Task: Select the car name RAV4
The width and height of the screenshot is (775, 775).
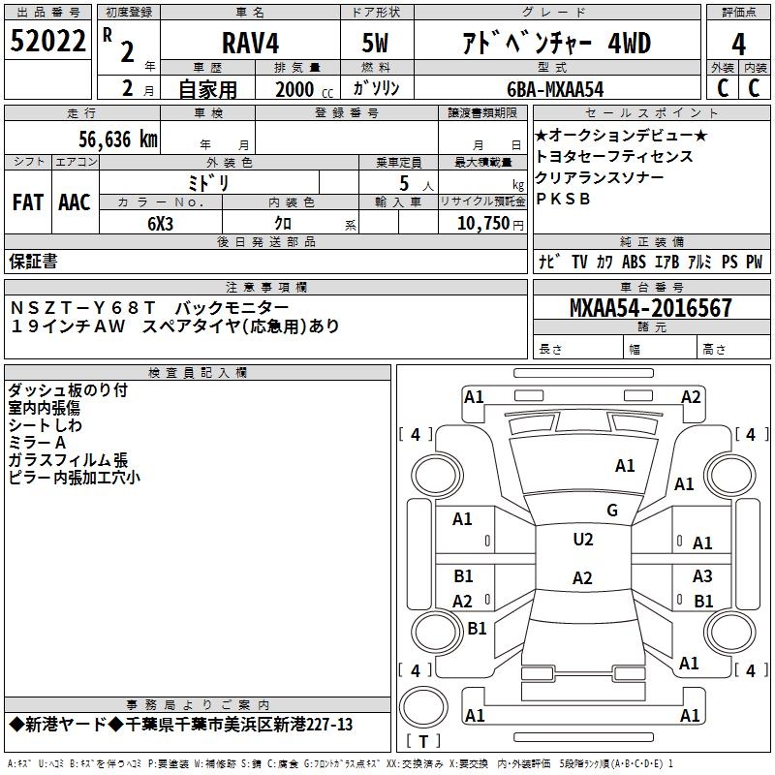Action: coord(250,43)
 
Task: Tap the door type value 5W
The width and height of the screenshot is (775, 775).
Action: coord(378,44)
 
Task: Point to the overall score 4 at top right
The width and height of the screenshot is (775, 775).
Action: coord(739,44)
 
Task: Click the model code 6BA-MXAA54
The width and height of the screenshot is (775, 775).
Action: coord(555,89)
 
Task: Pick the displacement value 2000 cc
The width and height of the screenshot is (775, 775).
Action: coord(297,89)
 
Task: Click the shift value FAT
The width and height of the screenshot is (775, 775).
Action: coord(28,202)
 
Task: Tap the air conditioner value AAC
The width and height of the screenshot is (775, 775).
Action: coord(75,202)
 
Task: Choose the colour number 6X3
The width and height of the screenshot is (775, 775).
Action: coord(161,223)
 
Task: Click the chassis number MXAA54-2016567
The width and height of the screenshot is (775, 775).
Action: coord(651,308)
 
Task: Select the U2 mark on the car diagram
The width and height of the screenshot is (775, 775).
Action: coord(583,540)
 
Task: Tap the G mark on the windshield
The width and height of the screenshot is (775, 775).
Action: coord(611,511)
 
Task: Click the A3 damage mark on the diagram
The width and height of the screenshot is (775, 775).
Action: coord(702,576)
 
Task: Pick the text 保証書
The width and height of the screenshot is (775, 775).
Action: coord(33,261)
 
